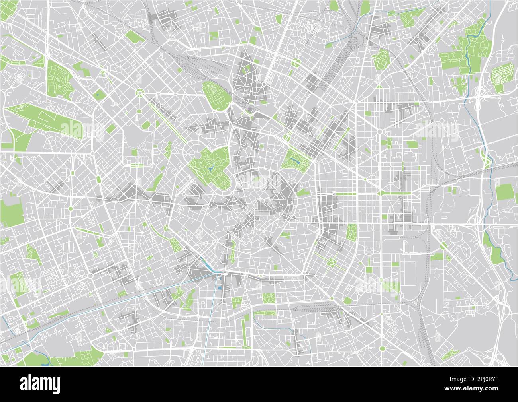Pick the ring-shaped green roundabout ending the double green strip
click(x=140, y=93)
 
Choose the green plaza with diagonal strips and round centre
click(x=331, y=261)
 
